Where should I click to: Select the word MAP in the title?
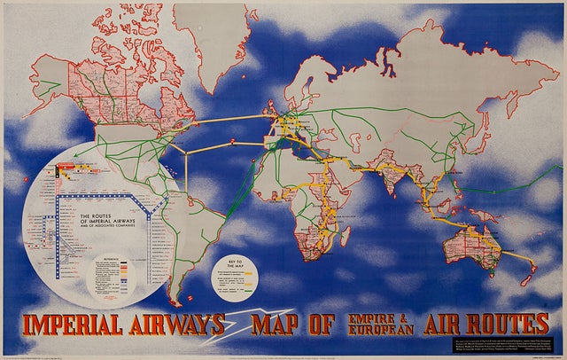(283, 325)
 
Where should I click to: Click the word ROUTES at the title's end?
(501, 324)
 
